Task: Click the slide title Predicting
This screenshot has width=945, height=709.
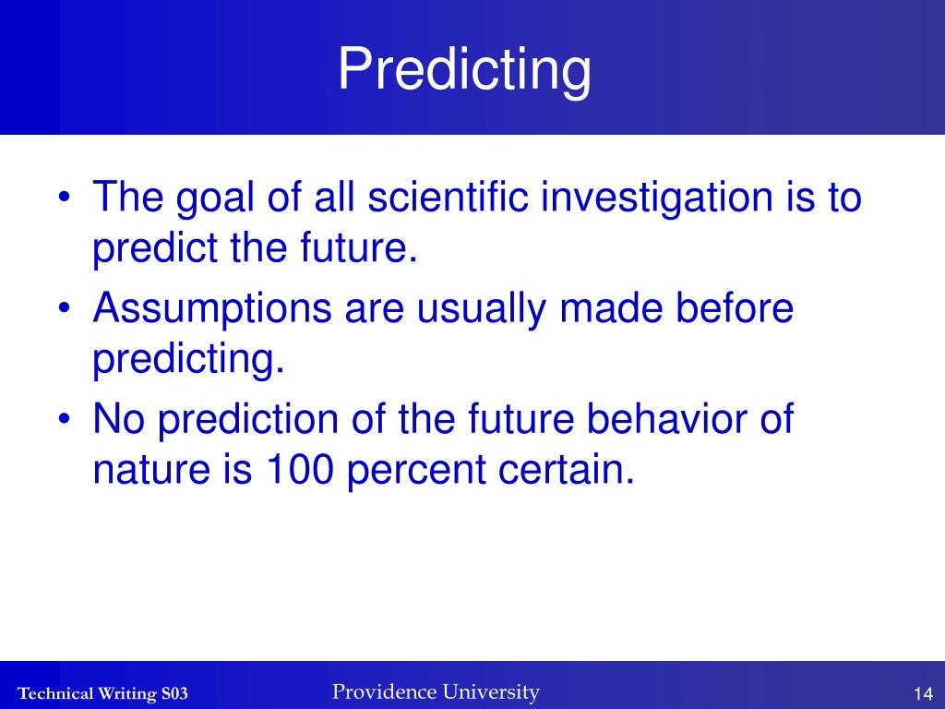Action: [x=464, y=70]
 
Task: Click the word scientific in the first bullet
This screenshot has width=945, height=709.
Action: [x=449, y=197]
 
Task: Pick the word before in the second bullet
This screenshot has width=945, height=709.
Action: [x=734, y=307]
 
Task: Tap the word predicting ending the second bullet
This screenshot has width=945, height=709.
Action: [x=188, y=360]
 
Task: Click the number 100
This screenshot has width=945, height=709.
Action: [x=300, y=470]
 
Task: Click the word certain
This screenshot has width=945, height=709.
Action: [x=567, y=470]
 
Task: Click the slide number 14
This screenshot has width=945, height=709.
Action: [x=923, y=693]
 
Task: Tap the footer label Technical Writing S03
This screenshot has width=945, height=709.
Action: [x=102, y=693]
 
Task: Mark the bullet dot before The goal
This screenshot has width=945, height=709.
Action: [x=65, y=197]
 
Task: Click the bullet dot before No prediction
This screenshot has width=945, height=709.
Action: [x=65, y=418]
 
